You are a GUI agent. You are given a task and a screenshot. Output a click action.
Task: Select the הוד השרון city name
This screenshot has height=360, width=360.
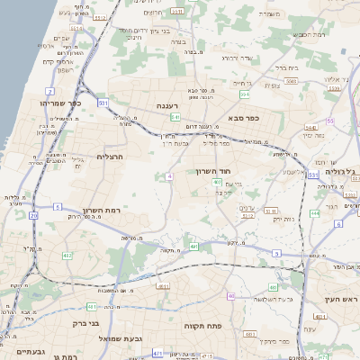[x=213, y=170]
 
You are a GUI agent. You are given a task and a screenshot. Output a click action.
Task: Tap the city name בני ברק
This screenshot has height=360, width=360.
[x=85, y=320]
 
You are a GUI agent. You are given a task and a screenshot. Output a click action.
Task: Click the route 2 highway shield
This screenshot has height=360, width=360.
[x=50, y=92]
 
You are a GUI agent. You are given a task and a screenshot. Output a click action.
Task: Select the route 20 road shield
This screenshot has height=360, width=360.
[x=34, y=216]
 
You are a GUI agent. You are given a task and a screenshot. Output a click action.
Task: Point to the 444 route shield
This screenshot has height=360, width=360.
[x=314, y=213]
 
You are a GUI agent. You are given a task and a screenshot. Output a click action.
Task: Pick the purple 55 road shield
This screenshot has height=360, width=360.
[x=330, y=120]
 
